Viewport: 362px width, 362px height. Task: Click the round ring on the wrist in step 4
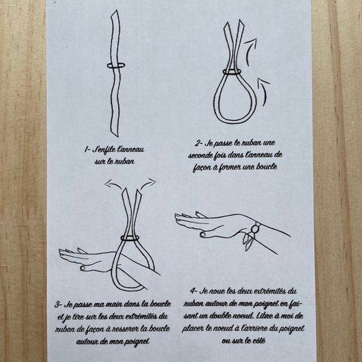tap(255, 229)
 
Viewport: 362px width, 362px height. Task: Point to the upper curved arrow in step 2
tap(249, 51)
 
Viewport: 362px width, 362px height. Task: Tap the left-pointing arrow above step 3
tap(113, 185)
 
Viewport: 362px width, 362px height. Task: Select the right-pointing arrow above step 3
tap(148, 183)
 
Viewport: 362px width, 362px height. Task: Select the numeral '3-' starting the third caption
tap(58, 304)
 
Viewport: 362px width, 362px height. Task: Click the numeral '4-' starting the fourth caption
tap(194, 291)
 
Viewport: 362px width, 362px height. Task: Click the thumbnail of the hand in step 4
tap(202, 234)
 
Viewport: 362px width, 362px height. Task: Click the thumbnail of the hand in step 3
tap(83, 268)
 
